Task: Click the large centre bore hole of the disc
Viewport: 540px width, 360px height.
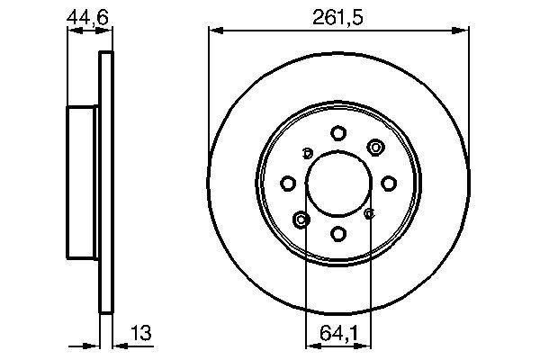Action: pos(338,183)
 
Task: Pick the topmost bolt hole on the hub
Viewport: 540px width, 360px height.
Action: pos(338,133)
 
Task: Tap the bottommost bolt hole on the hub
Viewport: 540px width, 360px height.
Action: pos(338,234)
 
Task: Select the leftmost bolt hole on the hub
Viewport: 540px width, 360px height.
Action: pos(288,184)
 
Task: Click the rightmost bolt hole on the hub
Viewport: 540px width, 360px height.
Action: pos(389,184)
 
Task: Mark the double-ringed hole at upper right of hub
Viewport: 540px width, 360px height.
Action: pos(374,148)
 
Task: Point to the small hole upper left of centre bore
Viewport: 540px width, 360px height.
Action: pos(307,152)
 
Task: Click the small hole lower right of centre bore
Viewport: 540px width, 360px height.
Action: pos(370,214)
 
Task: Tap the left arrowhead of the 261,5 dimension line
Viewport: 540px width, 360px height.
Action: pos(214,31)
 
